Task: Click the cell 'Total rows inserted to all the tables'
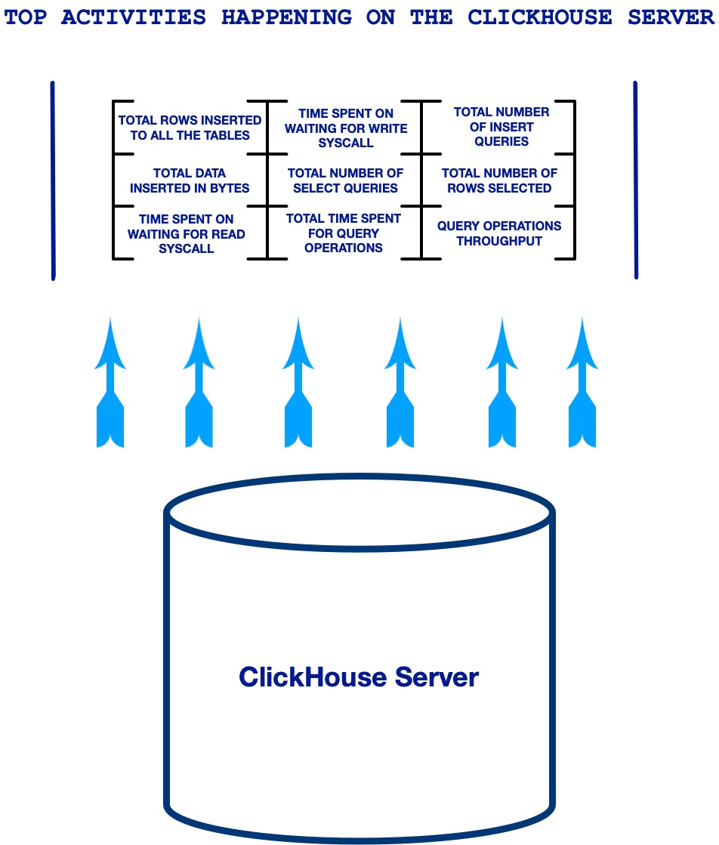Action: [190, 128]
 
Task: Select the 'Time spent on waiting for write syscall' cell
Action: [345, 128]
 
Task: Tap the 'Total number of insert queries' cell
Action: [501, 127]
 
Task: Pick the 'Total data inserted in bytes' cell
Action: [190, 180]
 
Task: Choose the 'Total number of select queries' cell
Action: [345, 180]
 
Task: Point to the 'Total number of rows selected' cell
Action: [499, 180]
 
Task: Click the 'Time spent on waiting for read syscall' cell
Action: [187, 234]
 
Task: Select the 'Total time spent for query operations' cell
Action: [344, 233]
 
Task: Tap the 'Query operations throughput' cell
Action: [499, 233]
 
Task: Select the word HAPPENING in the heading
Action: [286, 17]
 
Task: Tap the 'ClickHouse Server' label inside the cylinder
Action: [359, 677]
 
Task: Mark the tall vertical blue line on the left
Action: [52, 180]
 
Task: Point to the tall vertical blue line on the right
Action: [635, 180]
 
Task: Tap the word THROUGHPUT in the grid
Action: [499, 242]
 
